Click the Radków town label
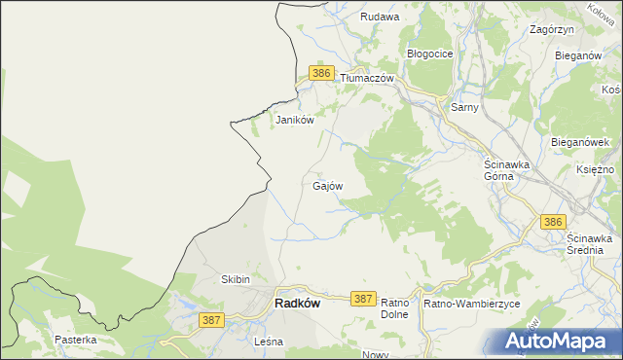click(x=298, y=303)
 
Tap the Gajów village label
click(x=327, y=184)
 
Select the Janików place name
click(x=294, y=121)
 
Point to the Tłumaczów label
click(x=366, y=78)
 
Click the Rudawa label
click(x=380, y=17)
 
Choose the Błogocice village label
click(x=430, y=54)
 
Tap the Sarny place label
click(x=464, y=107)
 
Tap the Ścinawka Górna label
click(x=506, y=171)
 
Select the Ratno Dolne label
click(x=393, y=308)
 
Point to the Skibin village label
click(x=237, y=279)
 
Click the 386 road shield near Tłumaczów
click(x=322, y=73)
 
